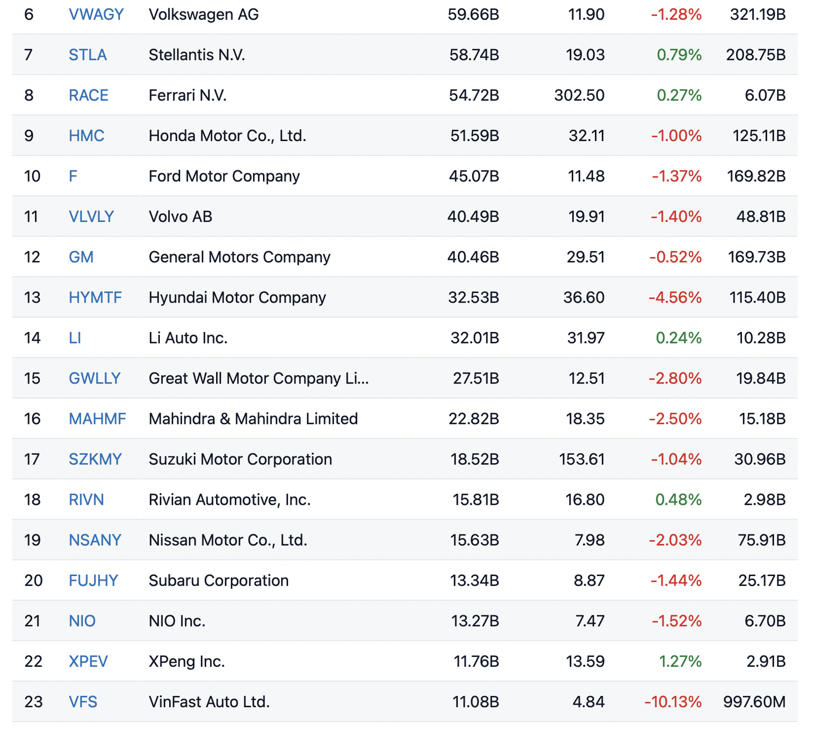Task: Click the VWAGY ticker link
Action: coord(96,14)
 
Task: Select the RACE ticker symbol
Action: coord(88,95)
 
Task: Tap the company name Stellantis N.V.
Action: coord(197,54)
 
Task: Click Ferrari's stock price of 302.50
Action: coord(579,95)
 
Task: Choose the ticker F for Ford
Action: coord(73,176)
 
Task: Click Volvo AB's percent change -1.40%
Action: coord(676,216)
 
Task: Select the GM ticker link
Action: coord(81,256)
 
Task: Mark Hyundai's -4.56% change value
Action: coord(675,297)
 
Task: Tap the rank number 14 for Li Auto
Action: coord(32,337)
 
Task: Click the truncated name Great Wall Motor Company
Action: coord(258,378)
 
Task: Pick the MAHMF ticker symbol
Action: coord(97,418)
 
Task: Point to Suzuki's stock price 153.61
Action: coord(582,458)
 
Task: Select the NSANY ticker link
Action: coord(95,539)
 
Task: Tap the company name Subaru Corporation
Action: coord(218,580)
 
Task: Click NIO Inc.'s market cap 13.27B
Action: coord(474,620)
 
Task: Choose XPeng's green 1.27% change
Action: coord(680,660)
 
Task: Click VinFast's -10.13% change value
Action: coord(673,701)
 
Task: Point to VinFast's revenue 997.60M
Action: coord(754,701)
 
